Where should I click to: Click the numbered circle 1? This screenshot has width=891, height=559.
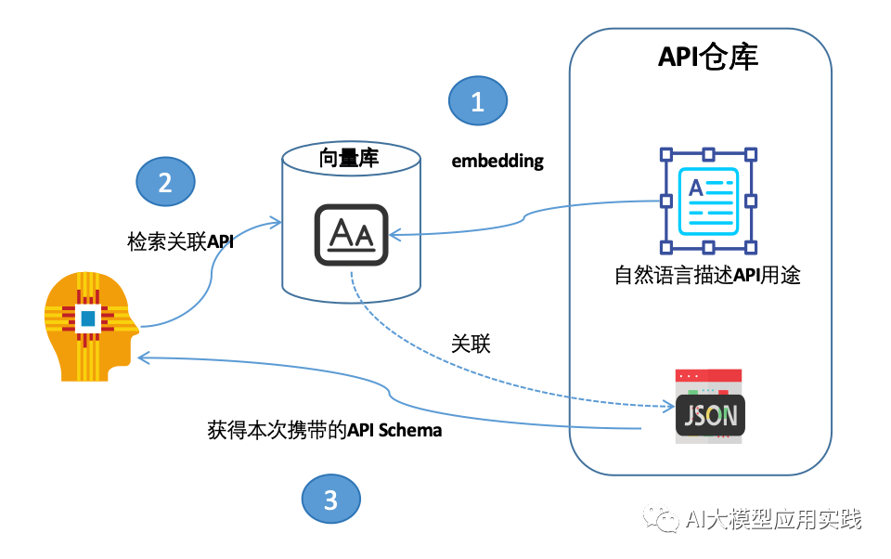pos(478,101)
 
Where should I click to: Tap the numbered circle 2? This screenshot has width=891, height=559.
pos(165,182)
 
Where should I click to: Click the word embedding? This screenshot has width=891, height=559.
pos(497,161)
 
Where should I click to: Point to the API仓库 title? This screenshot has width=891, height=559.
pos(708,57)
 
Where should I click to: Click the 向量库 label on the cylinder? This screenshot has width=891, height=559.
pos(349,158)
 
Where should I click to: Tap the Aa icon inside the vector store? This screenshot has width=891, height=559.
pos(351,233)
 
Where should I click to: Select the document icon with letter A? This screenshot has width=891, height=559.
pos(707,201)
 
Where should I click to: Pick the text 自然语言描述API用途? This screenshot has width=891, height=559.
pos(708,275)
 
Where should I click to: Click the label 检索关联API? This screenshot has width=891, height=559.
pos(180,241)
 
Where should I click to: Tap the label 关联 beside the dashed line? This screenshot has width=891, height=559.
pos(471,344)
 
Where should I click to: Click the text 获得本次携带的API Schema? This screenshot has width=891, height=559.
pos(324,430)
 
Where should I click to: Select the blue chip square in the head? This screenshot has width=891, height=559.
pos(87,318)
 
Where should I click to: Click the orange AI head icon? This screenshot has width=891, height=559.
pos(88,330)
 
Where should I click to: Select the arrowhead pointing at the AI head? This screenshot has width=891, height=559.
pos(141,358)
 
